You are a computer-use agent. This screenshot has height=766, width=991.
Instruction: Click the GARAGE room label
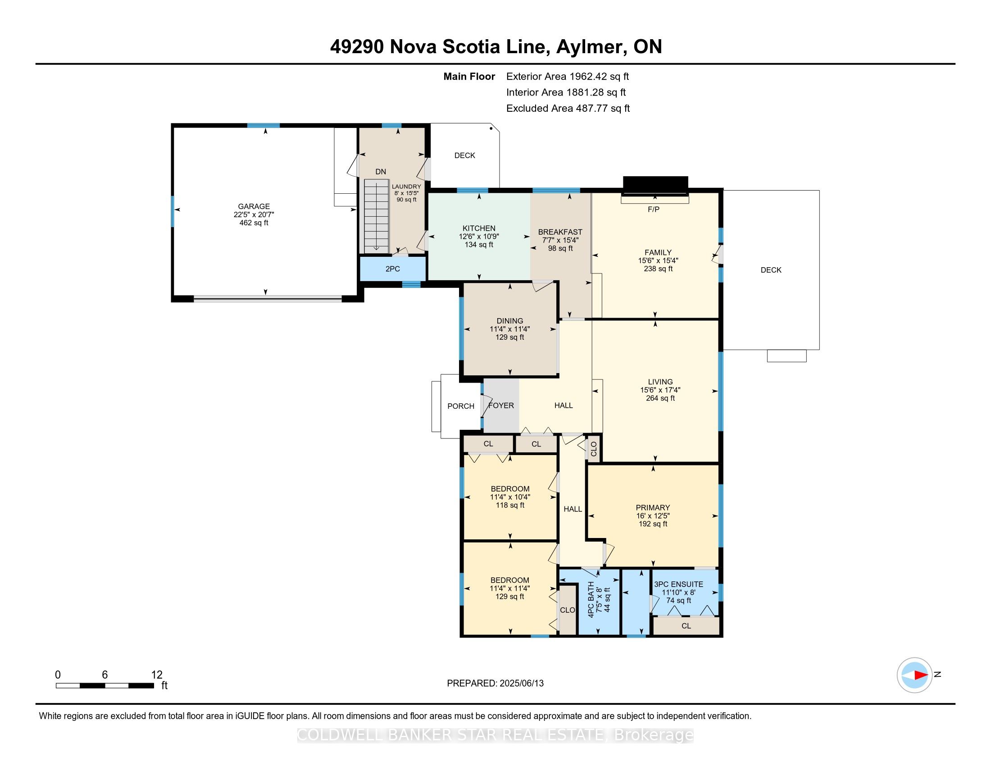254,206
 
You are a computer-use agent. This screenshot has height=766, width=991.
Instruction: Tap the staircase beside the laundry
376,216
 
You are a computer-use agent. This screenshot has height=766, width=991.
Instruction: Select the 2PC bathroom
393,269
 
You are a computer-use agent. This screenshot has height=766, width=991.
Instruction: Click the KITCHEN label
479,228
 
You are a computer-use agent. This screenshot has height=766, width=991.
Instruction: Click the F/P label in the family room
654,209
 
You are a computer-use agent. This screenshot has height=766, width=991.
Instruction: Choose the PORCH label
460,406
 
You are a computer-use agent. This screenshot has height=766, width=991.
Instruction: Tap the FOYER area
501,405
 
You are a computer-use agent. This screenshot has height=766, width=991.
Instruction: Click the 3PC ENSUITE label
678,584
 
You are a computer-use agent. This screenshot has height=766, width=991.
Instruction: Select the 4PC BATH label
591,599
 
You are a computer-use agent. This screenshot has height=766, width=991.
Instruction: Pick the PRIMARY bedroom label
653,507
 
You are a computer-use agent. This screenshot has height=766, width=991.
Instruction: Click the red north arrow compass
914,675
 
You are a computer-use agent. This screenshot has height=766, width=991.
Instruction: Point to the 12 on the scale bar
157,675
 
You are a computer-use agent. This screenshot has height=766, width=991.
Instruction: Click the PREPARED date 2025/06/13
521,683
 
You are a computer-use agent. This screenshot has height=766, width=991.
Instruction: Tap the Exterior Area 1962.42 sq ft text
568,76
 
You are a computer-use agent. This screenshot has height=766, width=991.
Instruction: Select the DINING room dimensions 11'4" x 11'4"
509,329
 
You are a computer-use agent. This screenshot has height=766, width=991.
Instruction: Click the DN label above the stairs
381,172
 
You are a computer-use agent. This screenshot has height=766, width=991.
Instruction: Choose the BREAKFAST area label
560,232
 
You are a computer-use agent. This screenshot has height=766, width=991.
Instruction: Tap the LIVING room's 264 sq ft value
660,398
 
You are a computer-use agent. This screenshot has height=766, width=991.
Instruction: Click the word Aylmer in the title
589,47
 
